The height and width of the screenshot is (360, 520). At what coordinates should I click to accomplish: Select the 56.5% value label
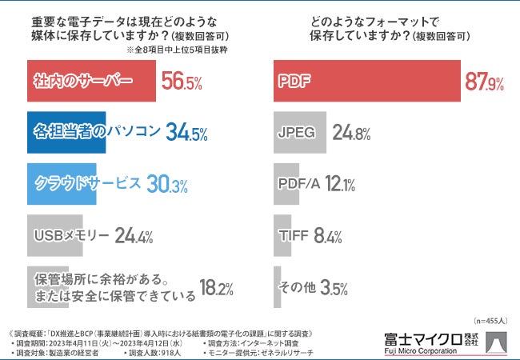pos(182,82)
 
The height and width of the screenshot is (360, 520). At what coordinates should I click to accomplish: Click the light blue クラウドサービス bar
pos(64,183)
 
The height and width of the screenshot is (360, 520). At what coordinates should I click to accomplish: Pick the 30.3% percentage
pos(167,184)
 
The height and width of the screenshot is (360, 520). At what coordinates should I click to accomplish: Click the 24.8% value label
pos(351,133)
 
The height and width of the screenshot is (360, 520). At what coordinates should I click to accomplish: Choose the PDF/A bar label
pos(298,184)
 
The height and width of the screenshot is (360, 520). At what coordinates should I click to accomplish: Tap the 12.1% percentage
pos(340,184)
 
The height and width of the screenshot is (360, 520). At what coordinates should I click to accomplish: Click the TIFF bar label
pos(293,235)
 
